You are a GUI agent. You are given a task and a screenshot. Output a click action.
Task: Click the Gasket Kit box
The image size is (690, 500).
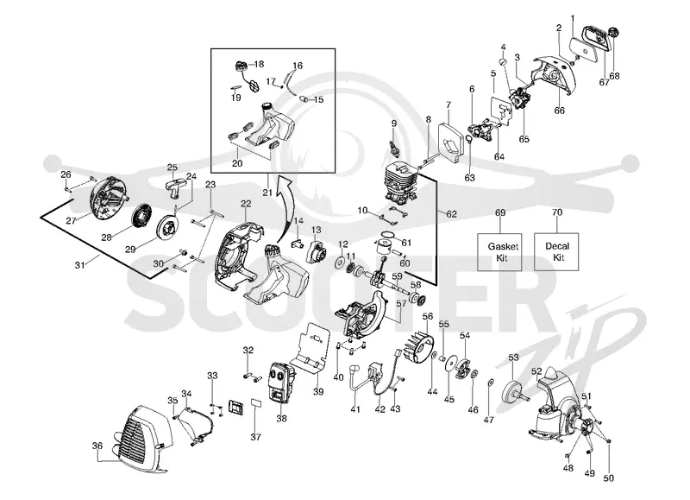(499, 252)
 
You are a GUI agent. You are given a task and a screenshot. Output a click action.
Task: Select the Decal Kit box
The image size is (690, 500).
(556, 251)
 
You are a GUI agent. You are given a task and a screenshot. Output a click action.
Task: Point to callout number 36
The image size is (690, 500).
(97, 446)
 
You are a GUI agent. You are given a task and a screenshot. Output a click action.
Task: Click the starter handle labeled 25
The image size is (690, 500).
(173, 187)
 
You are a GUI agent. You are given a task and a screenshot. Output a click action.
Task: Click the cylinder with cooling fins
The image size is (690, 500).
(401, 185)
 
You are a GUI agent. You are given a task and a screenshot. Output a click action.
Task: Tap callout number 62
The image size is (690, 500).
(451, 214)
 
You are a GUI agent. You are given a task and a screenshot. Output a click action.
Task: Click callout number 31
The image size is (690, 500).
(79, 265)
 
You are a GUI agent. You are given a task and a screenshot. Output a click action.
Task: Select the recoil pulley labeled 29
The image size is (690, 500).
(167, 227)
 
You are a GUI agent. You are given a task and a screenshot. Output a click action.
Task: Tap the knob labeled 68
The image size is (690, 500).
(612, 33)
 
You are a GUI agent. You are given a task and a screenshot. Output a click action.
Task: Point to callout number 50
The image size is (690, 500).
(608, 478)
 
